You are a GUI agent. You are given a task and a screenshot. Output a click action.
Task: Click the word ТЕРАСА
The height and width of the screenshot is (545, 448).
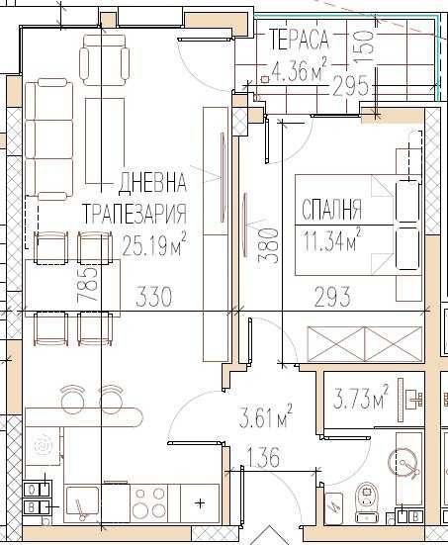[301, 41]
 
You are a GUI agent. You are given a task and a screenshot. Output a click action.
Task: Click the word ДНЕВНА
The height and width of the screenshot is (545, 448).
[152, 182]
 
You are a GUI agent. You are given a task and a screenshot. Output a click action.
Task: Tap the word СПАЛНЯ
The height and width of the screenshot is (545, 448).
[331, 210]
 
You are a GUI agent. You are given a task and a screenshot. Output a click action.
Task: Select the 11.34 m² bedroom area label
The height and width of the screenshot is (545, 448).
[331, 236]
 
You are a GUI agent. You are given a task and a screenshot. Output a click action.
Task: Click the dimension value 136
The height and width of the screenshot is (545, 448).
[255, 458]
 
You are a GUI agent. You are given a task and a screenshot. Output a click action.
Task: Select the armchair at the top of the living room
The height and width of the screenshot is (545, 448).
[106, 59]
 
